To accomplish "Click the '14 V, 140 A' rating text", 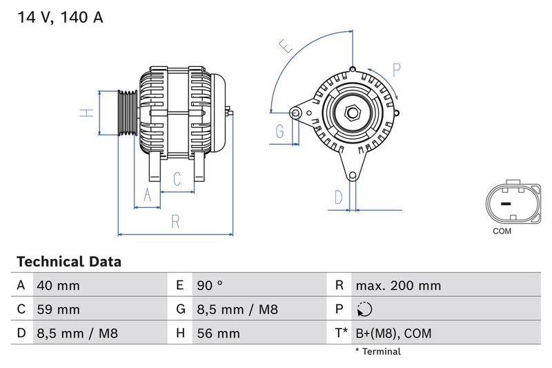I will [59, 18].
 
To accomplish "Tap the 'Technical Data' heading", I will [69, 262].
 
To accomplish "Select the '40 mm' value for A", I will [59, 285].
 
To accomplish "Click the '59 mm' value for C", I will [59, 309].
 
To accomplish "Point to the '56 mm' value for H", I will [217, 333].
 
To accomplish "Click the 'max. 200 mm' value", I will [397, 285].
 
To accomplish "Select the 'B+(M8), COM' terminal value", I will [393, 333].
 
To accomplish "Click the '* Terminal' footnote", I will [377, 351].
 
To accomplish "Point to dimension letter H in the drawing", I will [86, 112].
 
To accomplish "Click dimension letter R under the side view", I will [175, 222].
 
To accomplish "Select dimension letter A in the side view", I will [146, 195].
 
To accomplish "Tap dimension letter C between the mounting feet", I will [177, 180].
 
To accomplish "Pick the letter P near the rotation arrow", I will [397, 69].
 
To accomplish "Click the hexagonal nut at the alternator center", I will [351, 112].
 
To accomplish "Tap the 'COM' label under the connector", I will [502, 231].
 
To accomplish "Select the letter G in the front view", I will [280, 130].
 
